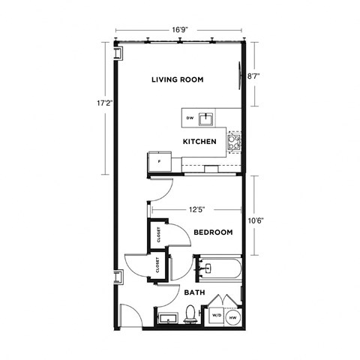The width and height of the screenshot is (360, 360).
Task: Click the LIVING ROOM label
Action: coord(178,79)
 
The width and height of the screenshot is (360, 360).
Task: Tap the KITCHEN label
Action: coord(199,142)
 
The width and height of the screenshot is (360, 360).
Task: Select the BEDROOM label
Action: coord(213,232)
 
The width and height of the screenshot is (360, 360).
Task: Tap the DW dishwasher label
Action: coord(190,119)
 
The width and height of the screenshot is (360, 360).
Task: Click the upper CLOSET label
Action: coord(159,234)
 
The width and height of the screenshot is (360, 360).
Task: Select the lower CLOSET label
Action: coord(158,265)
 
